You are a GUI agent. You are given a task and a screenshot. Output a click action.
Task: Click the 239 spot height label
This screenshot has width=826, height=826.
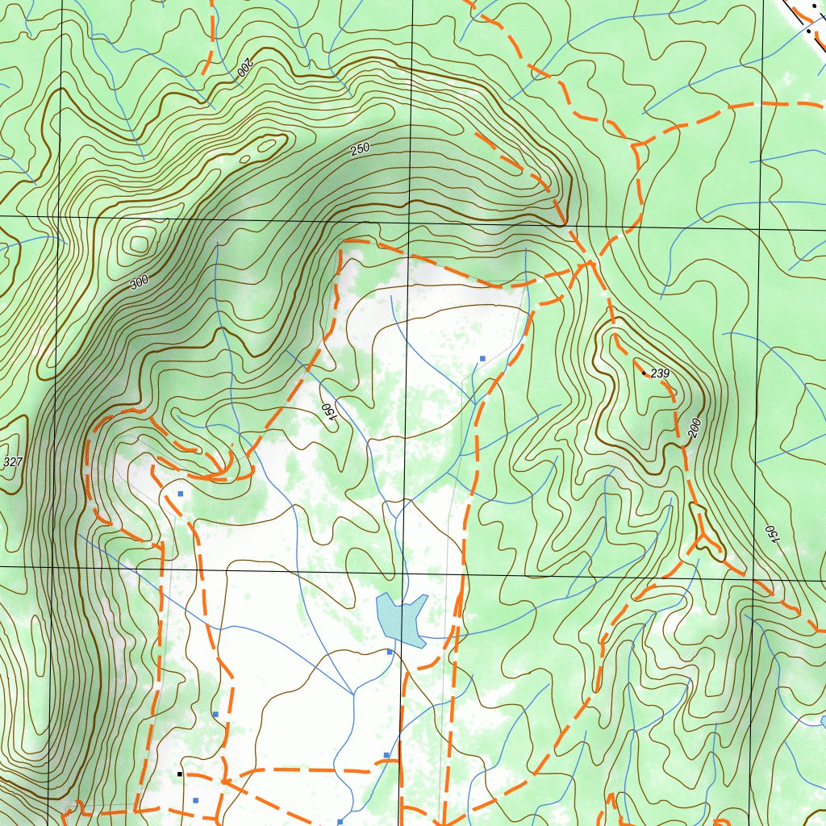pyautogui.click(x=661, y=373)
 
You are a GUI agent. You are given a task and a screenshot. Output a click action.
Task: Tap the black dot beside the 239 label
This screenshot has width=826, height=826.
pyautogui.click(x=644, y=373)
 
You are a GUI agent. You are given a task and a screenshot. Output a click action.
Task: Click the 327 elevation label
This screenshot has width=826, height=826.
pyautogui.click(x=13, y=462)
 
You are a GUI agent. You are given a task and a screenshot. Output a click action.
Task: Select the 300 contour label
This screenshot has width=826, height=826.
pyautogui.click(x=139, y=283)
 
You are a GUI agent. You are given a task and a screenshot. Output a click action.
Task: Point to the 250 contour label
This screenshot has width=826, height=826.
pyautogui.click(x=360, y=148)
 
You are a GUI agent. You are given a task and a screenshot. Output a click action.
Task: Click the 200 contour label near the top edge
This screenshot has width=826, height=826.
pyautogui.click(x=244, y=70)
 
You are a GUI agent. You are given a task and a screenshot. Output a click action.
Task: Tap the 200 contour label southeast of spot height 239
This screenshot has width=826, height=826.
pyautogui.click(x=695, y=428)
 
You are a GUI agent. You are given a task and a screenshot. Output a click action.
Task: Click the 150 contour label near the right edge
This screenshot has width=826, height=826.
pyautogui.click(x=771, y=535)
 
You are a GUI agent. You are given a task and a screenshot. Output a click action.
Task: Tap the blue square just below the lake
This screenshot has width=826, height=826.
pyautogui.click(x=390, y=652)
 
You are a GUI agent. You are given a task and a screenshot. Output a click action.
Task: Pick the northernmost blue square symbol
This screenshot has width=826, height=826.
pyautogui.click(x=482, y=357)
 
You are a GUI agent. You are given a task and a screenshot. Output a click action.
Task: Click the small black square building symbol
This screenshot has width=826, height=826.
pyautogui.click(x=180, y=774)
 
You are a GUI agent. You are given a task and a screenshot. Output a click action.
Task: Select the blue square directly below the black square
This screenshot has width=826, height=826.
pyautogui.click(x=196, y=800)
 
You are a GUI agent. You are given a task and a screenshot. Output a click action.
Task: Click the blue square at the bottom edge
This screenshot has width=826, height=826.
pyautogui.click(x=340, y=821)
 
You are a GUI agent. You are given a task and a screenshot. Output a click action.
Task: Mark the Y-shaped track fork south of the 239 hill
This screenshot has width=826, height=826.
pyautogui.click(x=704, y=535)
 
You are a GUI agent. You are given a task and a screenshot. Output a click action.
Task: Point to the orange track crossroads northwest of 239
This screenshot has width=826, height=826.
pyautogui.click(x=592, y=261)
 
